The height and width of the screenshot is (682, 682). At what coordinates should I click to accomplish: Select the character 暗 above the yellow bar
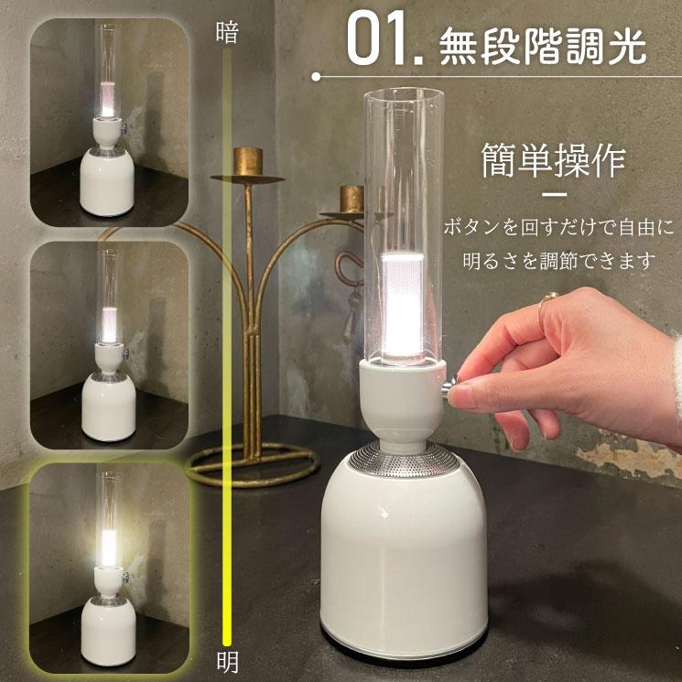226,34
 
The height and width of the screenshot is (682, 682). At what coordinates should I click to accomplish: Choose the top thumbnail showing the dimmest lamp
109,123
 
